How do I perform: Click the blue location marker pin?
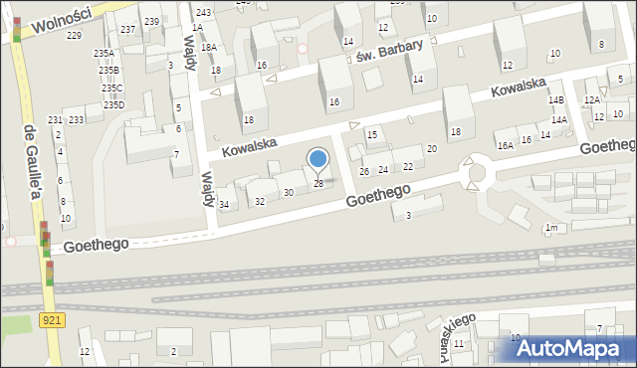coord(318,159)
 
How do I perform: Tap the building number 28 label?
coord(318,183)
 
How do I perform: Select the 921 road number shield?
coord(53,319)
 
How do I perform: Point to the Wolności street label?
coord(61,19)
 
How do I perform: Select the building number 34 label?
coord(224,205)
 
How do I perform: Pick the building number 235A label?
coord(104,54)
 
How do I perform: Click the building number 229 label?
coord(74,36)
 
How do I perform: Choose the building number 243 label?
coord(203,12)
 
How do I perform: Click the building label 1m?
coord(549,228)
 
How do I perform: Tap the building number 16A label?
coord(506,145)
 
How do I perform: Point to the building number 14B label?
coord(555,100)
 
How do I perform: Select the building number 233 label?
coord(77,119)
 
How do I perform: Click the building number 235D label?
coord(113,104)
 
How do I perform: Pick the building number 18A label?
coord(208,47)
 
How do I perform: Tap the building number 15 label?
coord(372,134)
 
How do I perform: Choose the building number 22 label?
coord(408,166)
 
